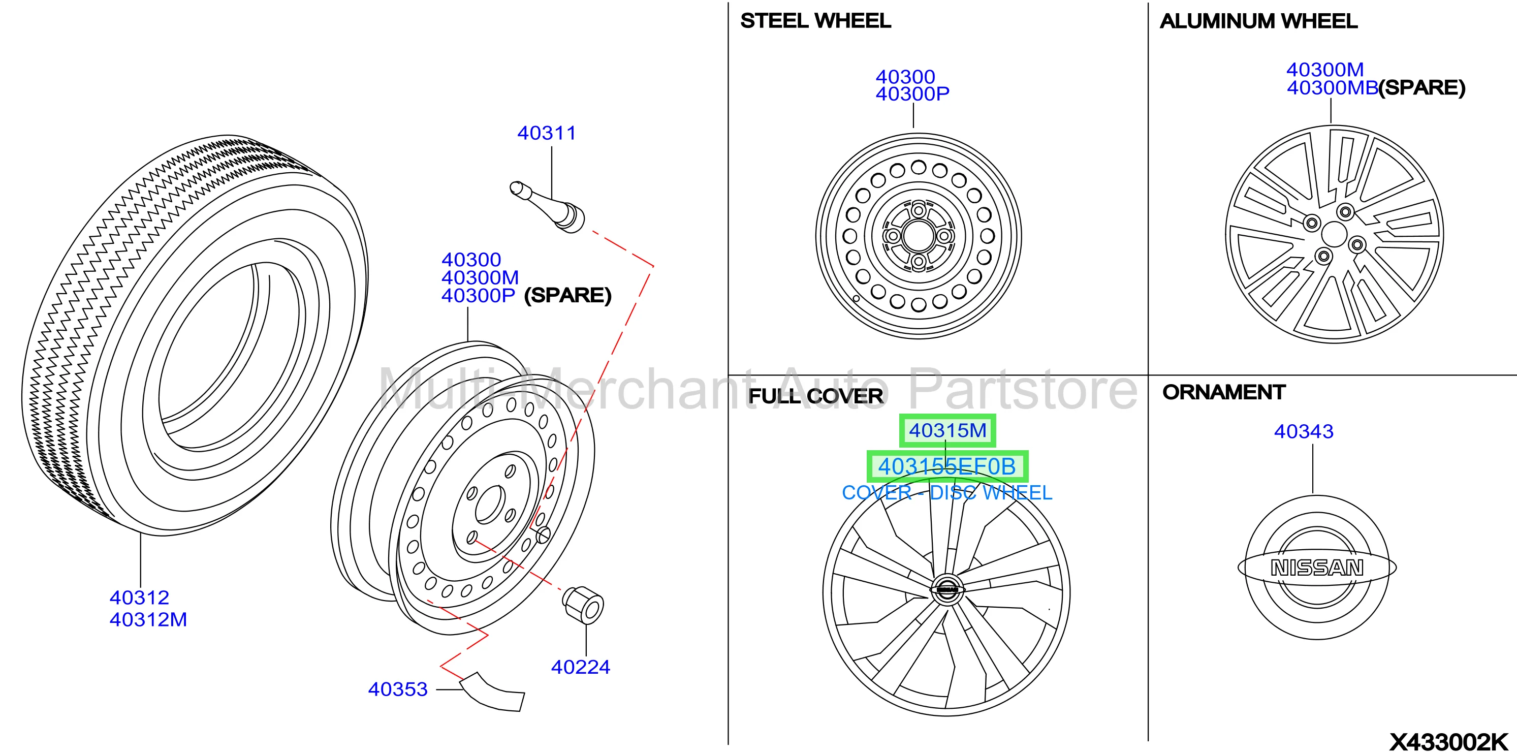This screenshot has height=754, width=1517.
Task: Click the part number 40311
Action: click(x=547, y=133)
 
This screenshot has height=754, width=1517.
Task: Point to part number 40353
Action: click(x=398, y=689)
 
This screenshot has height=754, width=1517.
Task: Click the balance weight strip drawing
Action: click(x=492, y=694)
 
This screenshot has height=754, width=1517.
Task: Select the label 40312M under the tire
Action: click(x=148, y=620)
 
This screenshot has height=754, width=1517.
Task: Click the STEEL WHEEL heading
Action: click(x=815, y=21)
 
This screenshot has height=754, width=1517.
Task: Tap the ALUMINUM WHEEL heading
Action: click(x=1258, y=21)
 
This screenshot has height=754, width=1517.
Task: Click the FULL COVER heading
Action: click(x=815, y=396)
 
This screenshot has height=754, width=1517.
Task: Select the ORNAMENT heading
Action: click(x=1224, y=392)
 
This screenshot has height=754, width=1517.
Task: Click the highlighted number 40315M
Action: click(x=947, y=431)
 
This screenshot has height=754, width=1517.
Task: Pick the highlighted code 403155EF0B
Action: click(x=947, y=466)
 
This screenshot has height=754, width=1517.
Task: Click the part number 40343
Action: click(x=1304, y=432)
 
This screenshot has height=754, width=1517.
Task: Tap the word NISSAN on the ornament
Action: click(x=1317, y=568)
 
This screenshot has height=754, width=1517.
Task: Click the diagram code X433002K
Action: click(x=1449, y=742)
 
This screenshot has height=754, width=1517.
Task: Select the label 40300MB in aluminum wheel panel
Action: click(x=1332, y=88)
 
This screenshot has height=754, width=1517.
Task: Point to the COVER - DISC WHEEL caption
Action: click(x=947, y=492)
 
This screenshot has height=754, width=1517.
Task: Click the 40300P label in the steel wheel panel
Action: click(x=912, y=93)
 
